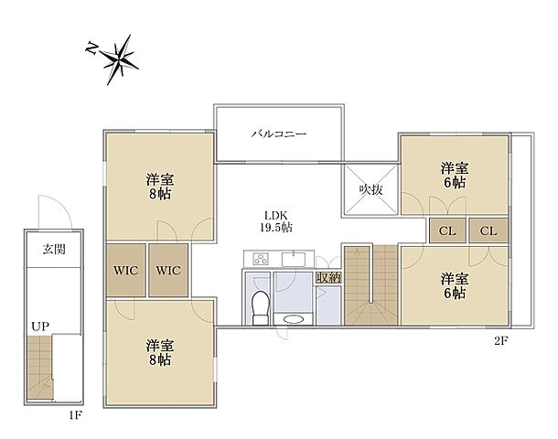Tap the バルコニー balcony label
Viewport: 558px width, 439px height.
pyautogui.click(x=279, y=134)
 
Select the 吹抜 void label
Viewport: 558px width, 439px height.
pyautogui.click(x=370, y=189)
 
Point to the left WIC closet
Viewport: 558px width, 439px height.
pyautogui.click(x=125, y=270)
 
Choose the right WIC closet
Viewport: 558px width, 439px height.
pyautogui.click(x=168, y=270)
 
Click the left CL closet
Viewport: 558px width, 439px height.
pyautogui.click(x=447, y=230)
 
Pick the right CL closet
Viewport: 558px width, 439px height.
pyautogui.click(x=488, y=230)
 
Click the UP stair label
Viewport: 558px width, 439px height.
pyautogui.click(x=40, y=326)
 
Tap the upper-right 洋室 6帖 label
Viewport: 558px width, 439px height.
pyautogui.click(x=455, y=175)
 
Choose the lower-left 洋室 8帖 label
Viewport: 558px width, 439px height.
pyautogui.click(x=159, y=353)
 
